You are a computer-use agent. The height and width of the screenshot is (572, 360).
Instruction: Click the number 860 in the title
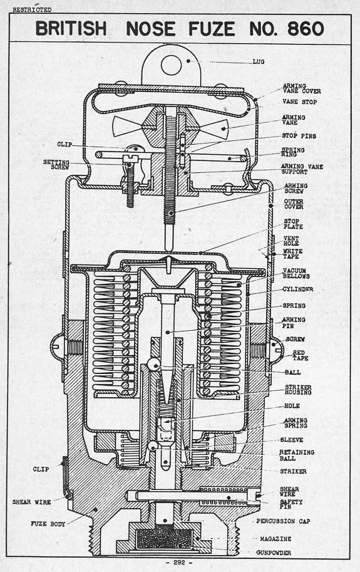[306, 29]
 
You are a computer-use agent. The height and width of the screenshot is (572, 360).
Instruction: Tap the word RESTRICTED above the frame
[32, 10]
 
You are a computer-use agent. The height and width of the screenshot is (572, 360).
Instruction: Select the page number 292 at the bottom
[179, 563]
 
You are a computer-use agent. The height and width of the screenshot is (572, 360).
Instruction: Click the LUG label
[259, 61]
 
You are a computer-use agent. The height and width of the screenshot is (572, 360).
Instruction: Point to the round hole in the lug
[171, 65]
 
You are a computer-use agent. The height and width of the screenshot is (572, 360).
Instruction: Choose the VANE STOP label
[299, 101]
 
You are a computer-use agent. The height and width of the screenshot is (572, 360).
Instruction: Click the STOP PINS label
[299, 136]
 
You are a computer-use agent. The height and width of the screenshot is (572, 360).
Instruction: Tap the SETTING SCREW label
[56, 164]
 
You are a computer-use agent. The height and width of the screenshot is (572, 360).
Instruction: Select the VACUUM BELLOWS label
[296, 274]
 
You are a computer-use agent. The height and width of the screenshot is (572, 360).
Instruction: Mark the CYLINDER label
[297, 289]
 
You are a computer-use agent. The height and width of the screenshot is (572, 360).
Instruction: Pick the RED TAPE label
[300, 355]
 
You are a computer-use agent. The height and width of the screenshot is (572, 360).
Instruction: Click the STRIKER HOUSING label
[298, 390]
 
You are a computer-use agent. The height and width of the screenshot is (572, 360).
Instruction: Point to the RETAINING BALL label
[297, 455]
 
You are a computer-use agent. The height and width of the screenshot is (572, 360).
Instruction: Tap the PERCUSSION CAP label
[283, 521]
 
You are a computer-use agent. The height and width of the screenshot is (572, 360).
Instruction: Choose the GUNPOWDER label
[274, 553]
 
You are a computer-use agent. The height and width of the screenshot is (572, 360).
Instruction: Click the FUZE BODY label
[48, 524]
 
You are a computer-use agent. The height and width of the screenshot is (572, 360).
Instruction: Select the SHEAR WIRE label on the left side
[31, 502]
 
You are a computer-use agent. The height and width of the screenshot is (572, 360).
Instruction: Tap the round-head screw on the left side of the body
[57, 345]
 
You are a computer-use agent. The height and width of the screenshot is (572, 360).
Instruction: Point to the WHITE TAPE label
[292, 254]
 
